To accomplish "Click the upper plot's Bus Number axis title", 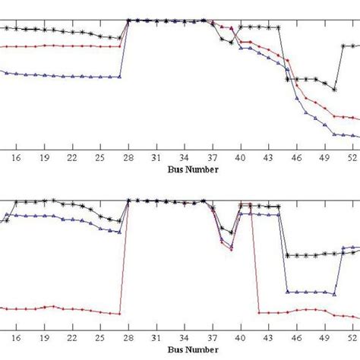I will point(193,170).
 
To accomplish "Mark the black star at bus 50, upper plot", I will point(335,89).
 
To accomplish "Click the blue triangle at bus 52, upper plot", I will point(353,135).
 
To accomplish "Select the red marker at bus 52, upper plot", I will point(353,117).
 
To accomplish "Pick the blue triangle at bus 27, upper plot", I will point(120,76).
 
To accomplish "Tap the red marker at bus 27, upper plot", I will point(120,46).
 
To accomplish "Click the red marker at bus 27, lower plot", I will point(120,314).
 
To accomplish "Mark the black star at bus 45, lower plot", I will point(288,255).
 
